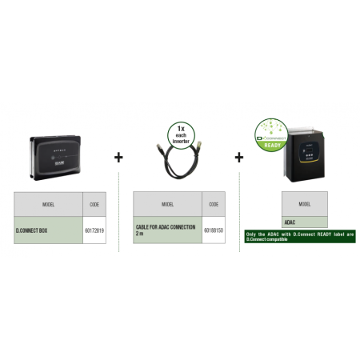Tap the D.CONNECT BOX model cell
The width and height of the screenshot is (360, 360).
(x=48, y=230)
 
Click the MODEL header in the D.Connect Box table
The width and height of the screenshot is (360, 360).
(x=48, y=204)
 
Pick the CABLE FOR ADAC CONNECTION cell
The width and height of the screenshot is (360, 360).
(x=167, y=230)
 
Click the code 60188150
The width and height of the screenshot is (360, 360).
(x=214, y=230)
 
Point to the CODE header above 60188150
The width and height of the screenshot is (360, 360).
(x=214, y=204)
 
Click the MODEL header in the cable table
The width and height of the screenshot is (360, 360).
(x=167, y=204)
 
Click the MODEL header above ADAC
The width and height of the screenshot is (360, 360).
(x=305, y=204)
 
